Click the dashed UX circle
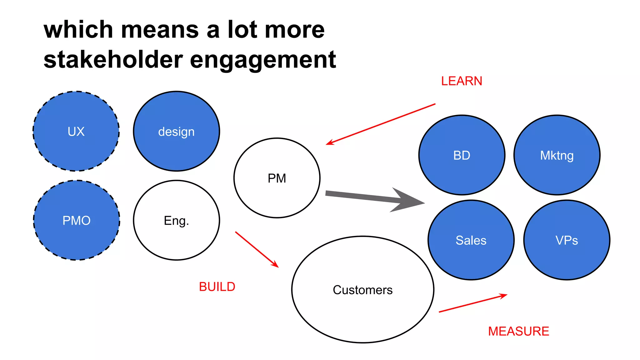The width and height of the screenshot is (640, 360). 76,131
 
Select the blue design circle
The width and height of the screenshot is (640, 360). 176,131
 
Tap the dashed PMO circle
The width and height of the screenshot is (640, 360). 77,220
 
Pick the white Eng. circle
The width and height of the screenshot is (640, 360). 176,220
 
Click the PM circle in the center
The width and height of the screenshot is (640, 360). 277,178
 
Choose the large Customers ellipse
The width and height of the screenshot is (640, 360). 362,290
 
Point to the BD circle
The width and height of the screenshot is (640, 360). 462,155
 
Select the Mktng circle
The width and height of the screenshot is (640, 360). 557,155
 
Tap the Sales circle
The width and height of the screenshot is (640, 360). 471,240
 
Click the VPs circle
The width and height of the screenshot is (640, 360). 567,240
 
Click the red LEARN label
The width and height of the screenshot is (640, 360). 462,81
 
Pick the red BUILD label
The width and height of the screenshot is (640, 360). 217,287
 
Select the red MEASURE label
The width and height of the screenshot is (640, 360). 518,331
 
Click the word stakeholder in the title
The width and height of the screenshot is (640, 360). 113,59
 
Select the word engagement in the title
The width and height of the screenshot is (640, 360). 263,60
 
